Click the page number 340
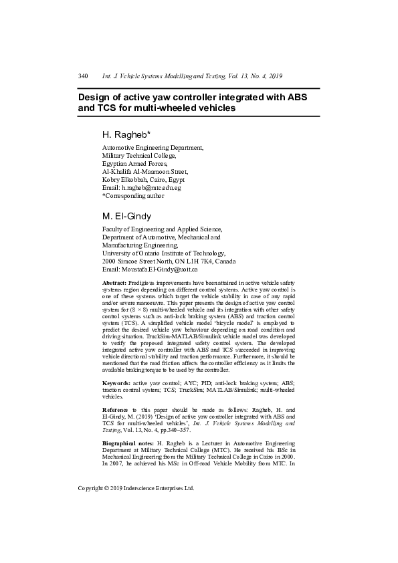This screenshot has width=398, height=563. tap(84, 76)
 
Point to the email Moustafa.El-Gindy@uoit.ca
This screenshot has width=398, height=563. tap(159, 269)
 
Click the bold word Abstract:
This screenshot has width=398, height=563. tap(114, 284)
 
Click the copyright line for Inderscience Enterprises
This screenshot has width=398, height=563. tap(136, 488)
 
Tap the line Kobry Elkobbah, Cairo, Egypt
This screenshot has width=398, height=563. tap(143, 179)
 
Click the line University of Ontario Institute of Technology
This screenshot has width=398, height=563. tap(164, 253)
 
